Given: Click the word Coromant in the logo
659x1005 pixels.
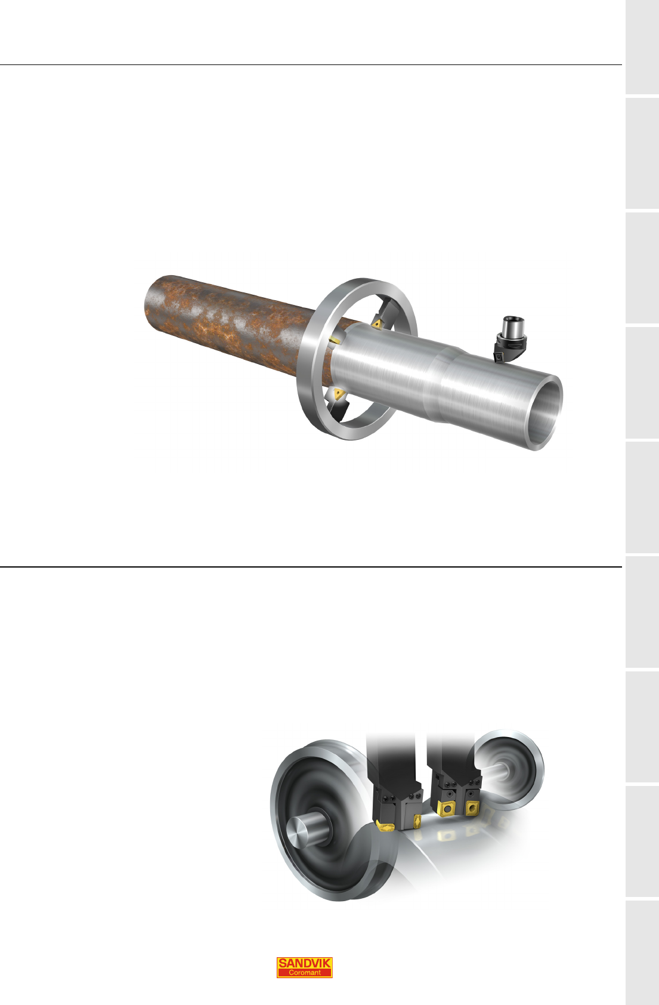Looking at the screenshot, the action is point(305,973).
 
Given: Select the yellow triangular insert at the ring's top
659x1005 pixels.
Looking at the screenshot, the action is point(376,324).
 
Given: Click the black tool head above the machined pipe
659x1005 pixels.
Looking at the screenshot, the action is point(508,349).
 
